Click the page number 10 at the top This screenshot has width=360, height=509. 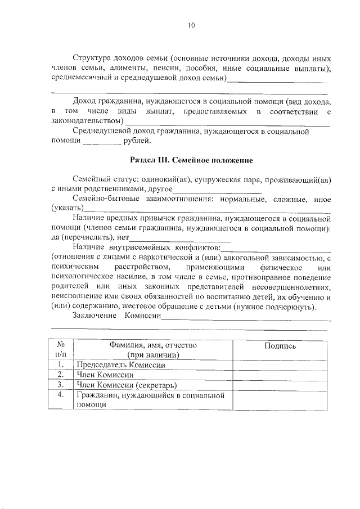point(191,24)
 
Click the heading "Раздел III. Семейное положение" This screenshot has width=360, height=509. point(191,160)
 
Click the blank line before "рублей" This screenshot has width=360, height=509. point(98,142)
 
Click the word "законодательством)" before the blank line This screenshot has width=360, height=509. point(87,121)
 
